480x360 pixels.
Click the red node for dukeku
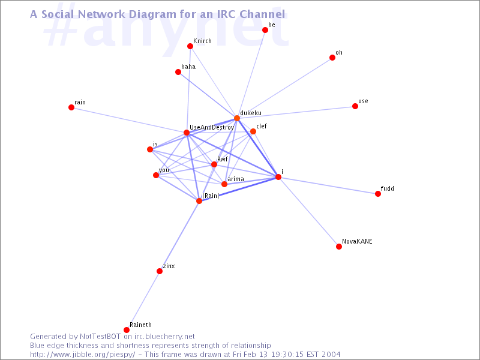pyautogui.click(x=237, y=118)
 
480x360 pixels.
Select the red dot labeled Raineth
pyautogui.click(x=127, y=329)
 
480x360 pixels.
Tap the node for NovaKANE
pyautogui.click(x=339, y=247)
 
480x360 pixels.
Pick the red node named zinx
pyautogui.click(x=160, y=271)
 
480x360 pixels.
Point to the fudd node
pyautogui.click(x=378, y=193)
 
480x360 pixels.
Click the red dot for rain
pyautogui.click(x=71, y=107)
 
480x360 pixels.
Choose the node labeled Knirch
pyautogui.click(x=190, y=46)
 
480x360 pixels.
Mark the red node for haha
pyautogui.click(x=178, y=72)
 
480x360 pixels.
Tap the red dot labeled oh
pyautogui.click(x=332, y=58)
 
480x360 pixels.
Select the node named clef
pyautogui.click(x=253, y=131)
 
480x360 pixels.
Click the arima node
pyautogui.click(x=224, y=184)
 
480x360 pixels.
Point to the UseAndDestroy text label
pyautogui.click(x=212, y=127)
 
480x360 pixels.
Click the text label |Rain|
pyautogui.click(x=211, y=196)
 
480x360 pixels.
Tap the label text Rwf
pyautogui.click(x=223, y=159)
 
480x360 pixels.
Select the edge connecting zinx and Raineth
pyautogui.click(x=143, y=301)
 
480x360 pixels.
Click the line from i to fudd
pyautogui.click(x=328, y=185)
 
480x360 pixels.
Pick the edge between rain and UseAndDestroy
pyautogui.click(x=129, y=119)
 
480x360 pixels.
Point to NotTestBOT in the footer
pyautogui.click(x=100, y=337)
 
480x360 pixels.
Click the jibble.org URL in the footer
pyautogui.click(x=82, y=355)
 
